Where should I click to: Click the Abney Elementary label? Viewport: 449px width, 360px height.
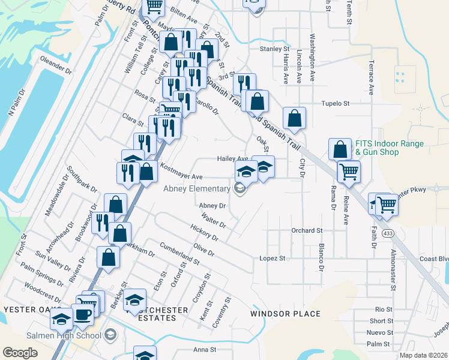click(x=197, y=189)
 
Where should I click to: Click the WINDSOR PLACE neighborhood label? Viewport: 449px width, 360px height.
click(x=285, y=314)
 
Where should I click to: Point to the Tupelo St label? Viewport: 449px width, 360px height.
click(x=337, y=103)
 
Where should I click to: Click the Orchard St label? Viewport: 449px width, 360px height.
click(x=307, y=230)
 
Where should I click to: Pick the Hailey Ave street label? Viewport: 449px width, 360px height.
click(x=232, y=159)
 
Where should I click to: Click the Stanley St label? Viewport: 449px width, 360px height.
click(x=274, y=49)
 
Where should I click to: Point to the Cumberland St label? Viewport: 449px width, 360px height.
click(x=179, y=254)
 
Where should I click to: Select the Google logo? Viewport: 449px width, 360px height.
click(x=20, y=353)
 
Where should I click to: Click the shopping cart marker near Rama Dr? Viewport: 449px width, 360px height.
click(x=348, y=172)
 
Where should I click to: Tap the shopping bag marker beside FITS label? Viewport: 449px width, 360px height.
click(x=340, y=149)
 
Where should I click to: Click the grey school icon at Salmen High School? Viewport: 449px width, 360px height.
click(x=109, y=335)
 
